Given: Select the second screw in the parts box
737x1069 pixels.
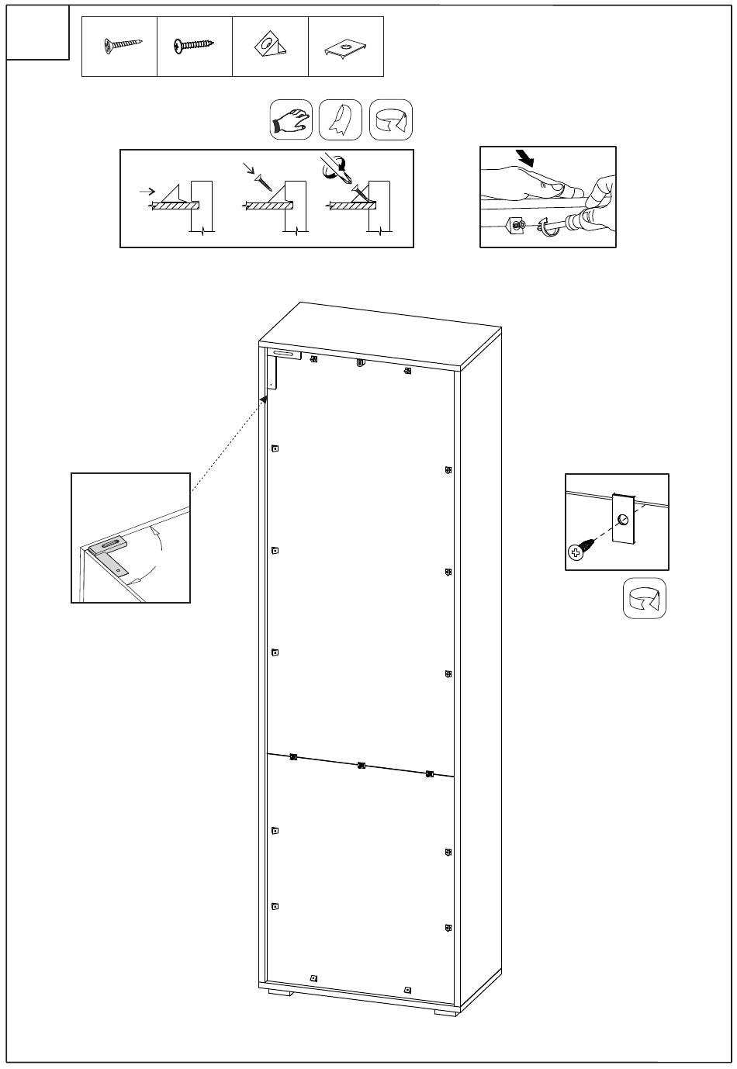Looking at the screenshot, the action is (x=194, y=46).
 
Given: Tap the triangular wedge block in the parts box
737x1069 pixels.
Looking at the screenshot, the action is (x=270, y=46).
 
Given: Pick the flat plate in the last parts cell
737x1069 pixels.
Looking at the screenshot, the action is (x=345, y=50).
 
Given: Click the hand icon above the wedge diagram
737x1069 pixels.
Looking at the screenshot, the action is (x=291, y=120).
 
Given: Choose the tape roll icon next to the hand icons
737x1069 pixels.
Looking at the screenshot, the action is (x=391, y=120).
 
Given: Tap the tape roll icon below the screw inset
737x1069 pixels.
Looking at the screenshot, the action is (x=645, y=598).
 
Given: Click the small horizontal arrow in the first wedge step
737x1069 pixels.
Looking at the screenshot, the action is (x=147, y=189).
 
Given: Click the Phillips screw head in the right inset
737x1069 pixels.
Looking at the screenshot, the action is (x=576, y=552).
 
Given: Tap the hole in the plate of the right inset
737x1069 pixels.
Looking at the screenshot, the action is (x=623, y=521).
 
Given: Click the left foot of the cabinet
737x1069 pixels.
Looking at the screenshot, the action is (x=280, y=991).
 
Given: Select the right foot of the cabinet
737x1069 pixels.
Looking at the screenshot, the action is (x=445, y=1012).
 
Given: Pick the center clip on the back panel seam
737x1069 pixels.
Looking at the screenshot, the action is (x=362, y=766).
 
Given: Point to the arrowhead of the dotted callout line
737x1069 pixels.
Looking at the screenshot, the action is (x=265, y=399).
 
